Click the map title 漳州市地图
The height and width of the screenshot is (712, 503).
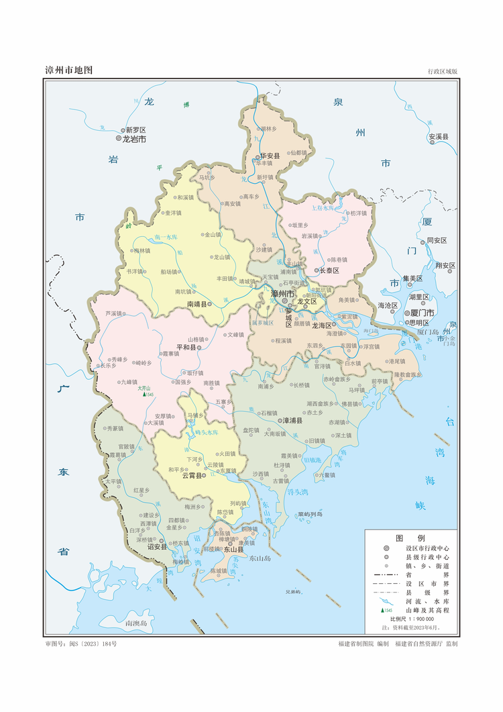[68, 70]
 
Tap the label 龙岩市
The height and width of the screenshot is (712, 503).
[133, 140]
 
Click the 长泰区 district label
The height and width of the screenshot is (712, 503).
[329, 270]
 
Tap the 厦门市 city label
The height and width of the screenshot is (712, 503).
[423, 313]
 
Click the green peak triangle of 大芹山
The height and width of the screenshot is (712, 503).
[143, 395]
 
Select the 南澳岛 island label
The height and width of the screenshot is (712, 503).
[137, 623]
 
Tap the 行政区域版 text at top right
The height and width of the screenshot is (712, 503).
[442, 71]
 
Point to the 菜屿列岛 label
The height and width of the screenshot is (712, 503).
[311, 515]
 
